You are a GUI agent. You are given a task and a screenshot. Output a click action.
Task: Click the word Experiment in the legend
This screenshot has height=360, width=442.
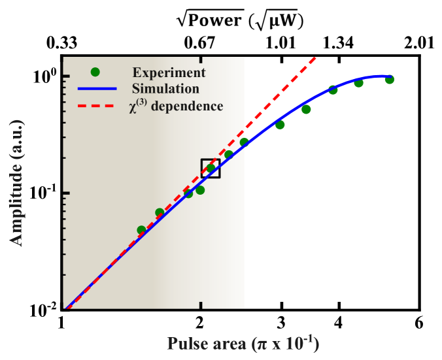click(x=169, y=73)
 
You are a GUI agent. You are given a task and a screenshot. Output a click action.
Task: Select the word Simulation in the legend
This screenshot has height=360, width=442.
click(x=165, y=88)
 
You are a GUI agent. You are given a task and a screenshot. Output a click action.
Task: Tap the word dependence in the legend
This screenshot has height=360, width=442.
click(x=187, y=106)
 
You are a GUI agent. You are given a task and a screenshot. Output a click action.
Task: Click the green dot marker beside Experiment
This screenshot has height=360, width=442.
click(x=95, y=72)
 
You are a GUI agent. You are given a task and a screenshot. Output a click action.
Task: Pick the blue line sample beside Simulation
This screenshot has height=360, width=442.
click(x=97, y=88)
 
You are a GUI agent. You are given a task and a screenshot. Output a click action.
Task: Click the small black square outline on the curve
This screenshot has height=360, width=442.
click(x=211, y=168)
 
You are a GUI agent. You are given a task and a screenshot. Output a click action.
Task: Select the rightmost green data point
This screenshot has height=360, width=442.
click(x=390, y=79)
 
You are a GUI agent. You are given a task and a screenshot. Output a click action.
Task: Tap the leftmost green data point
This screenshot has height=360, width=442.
click(x=141, y=230)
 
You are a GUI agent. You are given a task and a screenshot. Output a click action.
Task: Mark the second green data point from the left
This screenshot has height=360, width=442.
click(x=160, y=212)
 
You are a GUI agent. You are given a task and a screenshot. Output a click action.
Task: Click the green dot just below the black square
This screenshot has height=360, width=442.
click(x=201, y=190)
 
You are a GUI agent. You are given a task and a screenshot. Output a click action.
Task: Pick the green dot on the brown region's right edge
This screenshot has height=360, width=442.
click(x=244, y=142)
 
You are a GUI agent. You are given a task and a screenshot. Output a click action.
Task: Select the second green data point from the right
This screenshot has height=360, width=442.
click(x=359, y=83)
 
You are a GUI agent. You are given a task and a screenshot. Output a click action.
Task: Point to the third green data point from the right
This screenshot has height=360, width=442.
click(x=333, y=90)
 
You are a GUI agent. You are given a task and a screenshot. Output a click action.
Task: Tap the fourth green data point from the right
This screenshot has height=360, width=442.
click(x=306, y=109)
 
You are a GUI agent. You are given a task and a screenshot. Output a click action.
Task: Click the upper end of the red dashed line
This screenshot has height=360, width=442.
click(x=316, y=57)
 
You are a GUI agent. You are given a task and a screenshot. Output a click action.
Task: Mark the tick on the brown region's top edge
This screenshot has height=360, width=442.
click(x=201, y=60)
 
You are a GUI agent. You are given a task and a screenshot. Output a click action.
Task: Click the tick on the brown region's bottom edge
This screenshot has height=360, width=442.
click(x=201, y=305)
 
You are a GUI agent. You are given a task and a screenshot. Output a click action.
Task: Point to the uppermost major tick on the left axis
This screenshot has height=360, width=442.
click(x=66, y=77)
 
